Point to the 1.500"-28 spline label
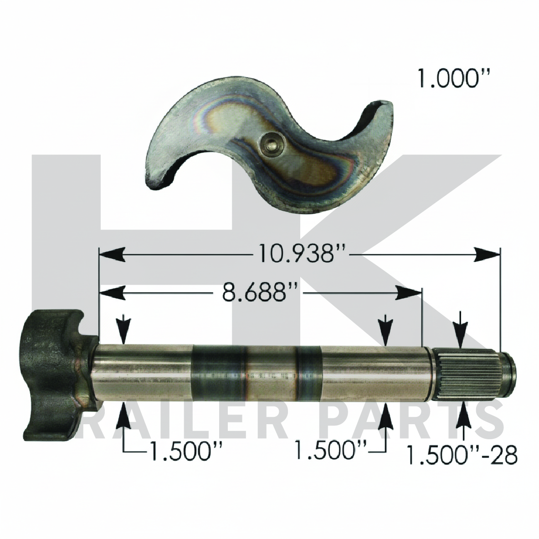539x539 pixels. pos(462,455)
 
